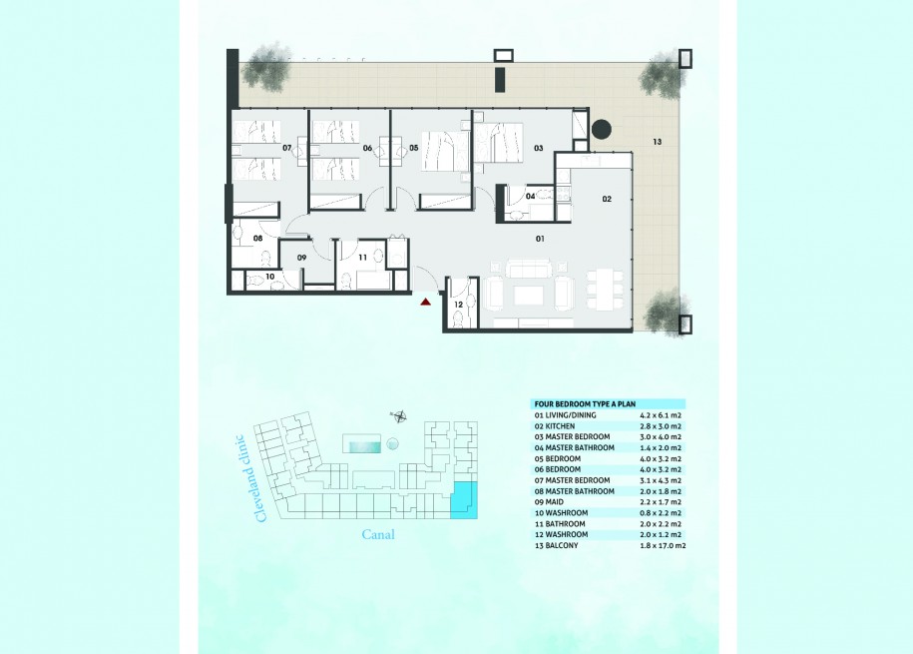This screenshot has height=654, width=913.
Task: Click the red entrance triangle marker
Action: click(426, 302)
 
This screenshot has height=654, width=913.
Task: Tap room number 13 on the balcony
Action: click(657, 142)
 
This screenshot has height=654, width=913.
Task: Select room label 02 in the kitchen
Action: click(607, 199)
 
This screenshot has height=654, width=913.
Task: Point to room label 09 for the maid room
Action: click(301, 258)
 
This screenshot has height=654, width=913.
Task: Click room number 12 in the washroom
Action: click(458, 305)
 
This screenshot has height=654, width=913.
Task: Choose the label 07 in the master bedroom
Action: click(287, 148)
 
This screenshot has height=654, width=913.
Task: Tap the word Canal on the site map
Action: click(378, 534)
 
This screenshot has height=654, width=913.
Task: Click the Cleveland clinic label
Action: click(251, 478)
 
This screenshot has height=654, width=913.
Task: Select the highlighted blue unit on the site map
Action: click(465, 500)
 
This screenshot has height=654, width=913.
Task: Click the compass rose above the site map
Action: click(399, 416)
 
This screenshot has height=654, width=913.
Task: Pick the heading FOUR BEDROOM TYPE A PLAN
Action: click(585, 404)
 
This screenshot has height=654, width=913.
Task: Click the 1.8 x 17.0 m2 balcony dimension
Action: click(663, 545)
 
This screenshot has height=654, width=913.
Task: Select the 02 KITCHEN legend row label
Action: click(555, 426)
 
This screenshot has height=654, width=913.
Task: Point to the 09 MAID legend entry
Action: click(549, 502)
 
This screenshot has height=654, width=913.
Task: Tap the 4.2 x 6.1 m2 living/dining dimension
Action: click(661, 415)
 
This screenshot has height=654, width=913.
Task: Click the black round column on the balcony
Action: click(602, 129)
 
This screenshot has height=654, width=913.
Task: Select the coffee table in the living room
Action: click(529, 295)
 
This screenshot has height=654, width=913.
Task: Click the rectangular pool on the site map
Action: click(361, 443)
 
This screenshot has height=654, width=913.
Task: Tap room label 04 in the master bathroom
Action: click(530, 197)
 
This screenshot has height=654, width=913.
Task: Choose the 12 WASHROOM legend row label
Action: click(561, 534)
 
